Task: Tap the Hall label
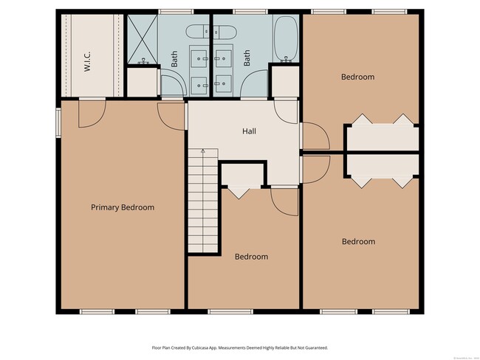point(249,131)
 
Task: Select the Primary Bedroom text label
point(123,207)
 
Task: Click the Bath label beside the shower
point(175,58)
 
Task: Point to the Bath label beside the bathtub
point(247,58)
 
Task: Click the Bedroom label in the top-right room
point(357,77)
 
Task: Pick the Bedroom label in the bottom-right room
point(357,241)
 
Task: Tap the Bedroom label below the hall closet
point(251,257)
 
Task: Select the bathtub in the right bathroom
point(286,39)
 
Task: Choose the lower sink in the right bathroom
point(224,83)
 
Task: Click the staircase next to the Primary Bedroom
point(204,199)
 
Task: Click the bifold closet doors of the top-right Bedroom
point(383,120)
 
